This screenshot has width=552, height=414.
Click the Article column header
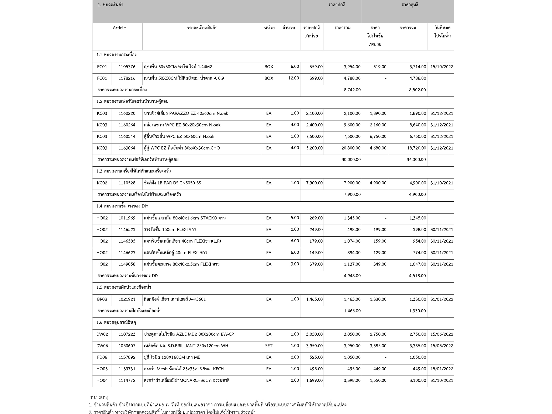tap(119, 28)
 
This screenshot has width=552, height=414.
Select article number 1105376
tap(127, 67)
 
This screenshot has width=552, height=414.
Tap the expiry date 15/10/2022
tap(441, 67)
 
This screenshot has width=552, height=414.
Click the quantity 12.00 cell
tap(293, 78)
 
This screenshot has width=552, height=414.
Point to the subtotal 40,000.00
tap(351, 160)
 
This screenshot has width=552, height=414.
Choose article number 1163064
tap(127, 148)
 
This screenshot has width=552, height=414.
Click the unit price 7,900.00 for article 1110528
tap(314, 183)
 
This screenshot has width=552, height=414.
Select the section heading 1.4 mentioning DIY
tap(122, 206)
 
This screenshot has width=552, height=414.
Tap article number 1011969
tap(127, 218)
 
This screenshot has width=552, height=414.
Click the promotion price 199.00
tap(380, 230)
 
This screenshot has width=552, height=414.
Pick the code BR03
tap(102, 299)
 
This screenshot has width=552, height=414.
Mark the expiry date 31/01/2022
tap(441, 299)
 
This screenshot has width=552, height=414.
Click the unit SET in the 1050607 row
tap(269, 346)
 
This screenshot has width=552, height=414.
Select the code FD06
tap(102, 357)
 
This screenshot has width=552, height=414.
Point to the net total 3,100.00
tap(418, 381)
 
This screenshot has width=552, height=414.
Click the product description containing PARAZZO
tap(186, 113)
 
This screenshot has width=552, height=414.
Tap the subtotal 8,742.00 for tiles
tap(352, 90)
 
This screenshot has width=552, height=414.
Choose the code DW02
tap(102, 334)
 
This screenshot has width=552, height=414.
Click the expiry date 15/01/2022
tap(441, 369)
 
